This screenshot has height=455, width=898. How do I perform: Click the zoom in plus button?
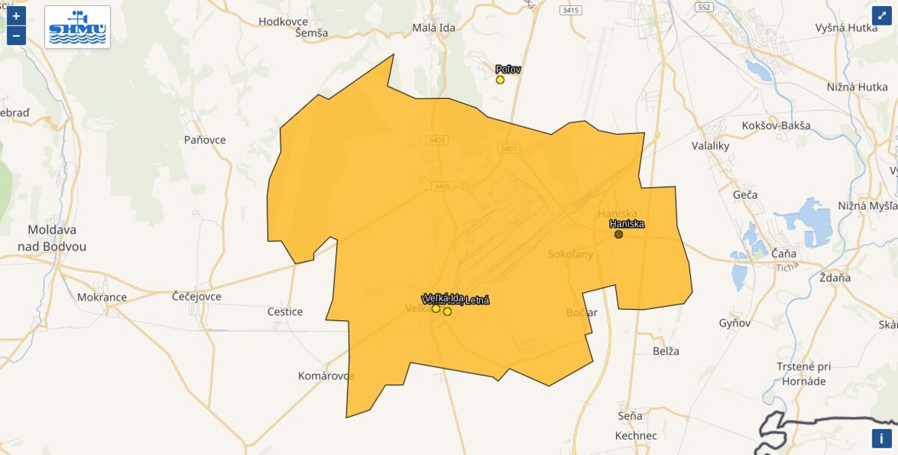click(x=16, y=16)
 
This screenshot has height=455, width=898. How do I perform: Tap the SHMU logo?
click(x=77, y=28)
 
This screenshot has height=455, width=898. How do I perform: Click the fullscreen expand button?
click(x=882, y=16)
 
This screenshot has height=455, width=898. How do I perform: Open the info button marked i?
click(x=882, y=439)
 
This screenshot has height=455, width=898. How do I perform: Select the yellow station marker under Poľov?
click(x=500, y=80)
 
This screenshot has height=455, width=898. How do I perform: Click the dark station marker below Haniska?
click(x=619, y=234)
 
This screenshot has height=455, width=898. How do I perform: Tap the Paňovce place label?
click(x=204, y=140)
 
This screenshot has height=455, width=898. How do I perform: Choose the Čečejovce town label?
click(x=197, y=296)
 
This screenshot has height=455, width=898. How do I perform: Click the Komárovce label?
click(x=326, y=376)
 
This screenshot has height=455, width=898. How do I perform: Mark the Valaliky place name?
click(x=710, y=146)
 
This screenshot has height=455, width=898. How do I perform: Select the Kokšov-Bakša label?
click(x=776, y=125)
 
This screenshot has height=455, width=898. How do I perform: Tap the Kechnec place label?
click(x=635, y=436)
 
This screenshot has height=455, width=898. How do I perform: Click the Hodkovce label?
click(x=284, y=21)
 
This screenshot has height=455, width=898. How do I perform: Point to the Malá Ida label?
click(x=434, y=28)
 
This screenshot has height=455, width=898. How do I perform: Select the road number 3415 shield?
click(x=570, y=10)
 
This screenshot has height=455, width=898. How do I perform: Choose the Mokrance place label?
click(x=102, y=297)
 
